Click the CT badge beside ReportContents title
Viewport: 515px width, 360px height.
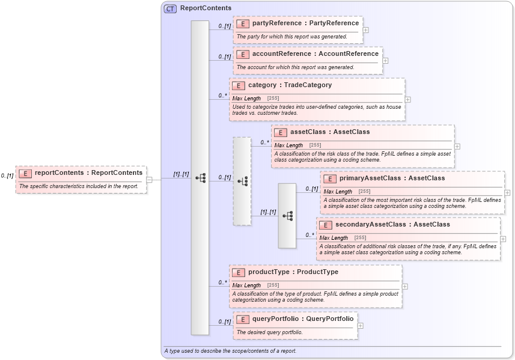pyautogui.click(x=170, y=8)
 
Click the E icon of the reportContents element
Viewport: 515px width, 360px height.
pyautogui.click(x=25, y=173)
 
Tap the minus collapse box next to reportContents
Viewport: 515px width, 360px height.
pyautogui.click(x=150, y=179)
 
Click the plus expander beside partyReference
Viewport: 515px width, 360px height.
pyautogui.click(x=365, y=29)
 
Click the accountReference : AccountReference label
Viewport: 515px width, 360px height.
pyautogui.click(x=315, y=54)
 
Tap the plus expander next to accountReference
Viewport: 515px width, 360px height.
pyautogui.click(x=385, y=60)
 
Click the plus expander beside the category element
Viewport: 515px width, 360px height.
pyautogui.click(x=407, y=100)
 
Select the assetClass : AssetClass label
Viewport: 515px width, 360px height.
pyautogui.click(x=330, y=132)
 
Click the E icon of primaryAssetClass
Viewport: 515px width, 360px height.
pyautogui.click(x=329, y=178)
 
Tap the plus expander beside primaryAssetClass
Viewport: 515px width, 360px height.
pyautogui.click(x=507, y=193)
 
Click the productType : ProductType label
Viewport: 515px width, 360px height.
pyautogui.click(x=293, y=272)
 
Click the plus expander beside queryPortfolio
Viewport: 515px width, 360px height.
pyautogui.click(x=360, y=326)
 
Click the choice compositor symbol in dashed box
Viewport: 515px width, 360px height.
pyautogui.click(x=242, y=181)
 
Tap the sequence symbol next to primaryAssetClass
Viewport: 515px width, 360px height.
pyautogui.click(x=287, y=216)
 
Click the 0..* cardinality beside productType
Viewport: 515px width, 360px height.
pyautogui.click(x=222, y=282)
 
